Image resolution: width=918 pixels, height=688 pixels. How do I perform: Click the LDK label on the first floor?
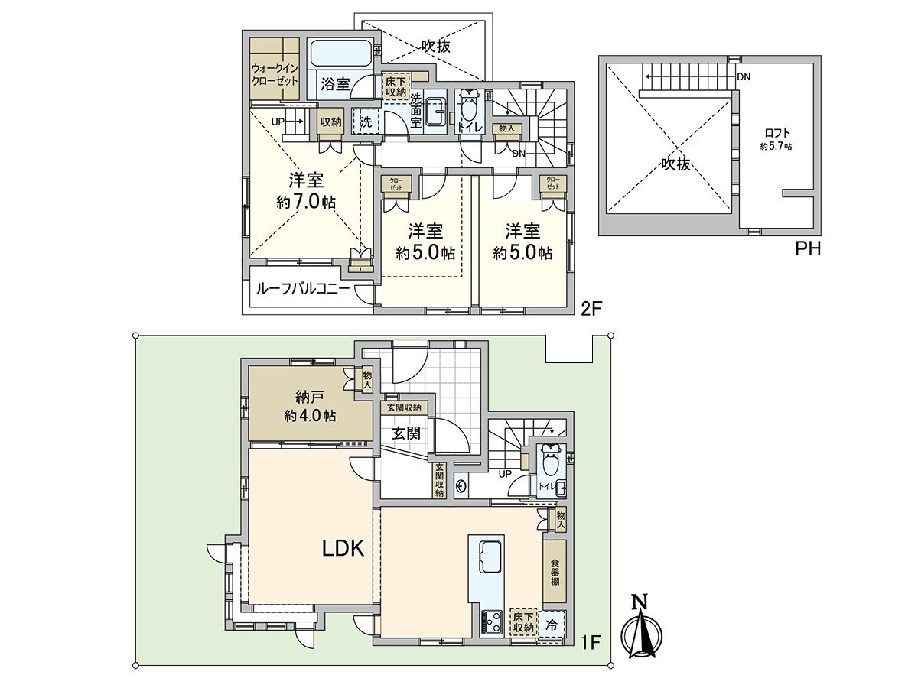click(343, 548)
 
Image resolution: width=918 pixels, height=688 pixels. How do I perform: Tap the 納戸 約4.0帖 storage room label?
click(310, 406)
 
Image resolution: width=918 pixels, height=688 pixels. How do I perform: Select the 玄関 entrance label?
click(405, 433)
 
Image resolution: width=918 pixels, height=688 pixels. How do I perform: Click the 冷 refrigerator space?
click(552, 625)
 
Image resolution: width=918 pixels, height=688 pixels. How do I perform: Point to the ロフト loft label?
click(777, 138)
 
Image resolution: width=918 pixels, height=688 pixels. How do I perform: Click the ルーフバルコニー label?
click(302, 289)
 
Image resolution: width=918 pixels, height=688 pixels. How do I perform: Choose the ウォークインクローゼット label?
click(275, 74)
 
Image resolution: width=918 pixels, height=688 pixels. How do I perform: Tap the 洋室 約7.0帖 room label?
click(306, 191)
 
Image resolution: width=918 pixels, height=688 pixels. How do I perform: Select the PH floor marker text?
click(808, 249)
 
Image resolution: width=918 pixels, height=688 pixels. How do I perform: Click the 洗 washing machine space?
click(365, 122)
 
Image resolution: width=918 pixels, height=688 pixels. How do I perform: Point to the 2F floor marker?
click(590, 310)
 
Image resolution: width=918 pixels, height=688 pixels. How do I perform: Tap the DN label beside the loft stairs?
click(744, 77)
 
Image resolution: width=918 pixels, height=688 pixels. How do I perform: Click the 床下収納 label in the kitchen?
click(523, 621)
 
